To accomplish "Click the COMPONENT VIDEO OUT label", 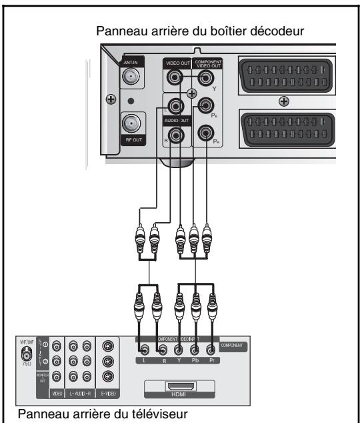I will [207, 64].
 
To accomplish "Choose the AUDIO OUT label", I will [175, 119].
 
